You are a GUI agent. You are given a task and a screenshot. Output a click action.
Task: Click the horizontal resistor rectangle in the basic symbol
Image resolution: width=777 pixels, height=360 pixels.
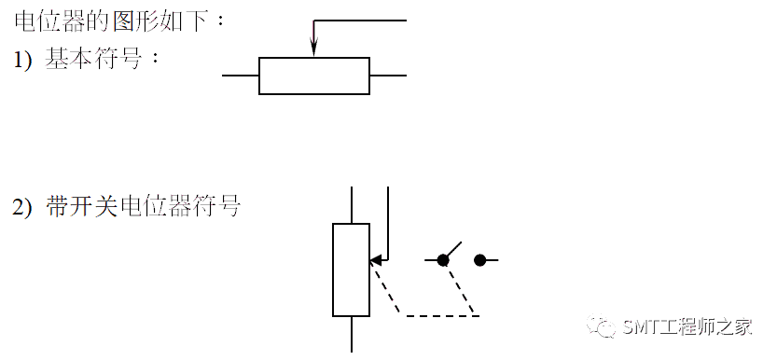(x=314, y=76)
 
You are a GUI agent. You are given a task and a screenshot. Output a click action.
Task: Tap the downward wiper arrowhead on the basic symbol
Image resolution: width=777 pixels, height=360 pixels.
(x=314, y=49)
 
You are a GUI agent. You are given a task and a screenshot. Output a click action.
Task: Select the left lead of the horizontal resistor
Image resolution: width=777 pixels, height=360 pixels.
(x=241, y=76)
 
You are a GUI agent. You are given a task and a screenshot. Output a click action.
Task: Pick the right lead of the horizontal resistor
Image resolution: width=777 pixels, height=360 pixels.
(x=388, y=76)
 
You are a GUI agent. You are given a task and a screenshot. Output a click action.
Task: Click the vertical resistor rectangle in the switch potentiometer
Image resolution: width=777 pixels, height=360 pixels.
(x=351, y=270)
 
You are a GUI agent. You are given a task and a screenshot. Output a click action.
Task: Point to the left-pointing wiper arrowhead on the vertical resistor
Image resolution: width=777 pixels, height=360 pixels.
(x=375, y=260)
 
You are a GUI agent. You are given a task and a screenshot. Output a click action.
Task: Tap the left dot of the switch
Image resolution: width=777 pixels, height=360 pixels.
(x=443, y=260)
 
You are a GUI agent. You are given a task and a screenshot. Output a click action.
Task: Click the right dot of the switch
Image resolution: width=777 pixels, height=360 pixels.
(x=479, y=260)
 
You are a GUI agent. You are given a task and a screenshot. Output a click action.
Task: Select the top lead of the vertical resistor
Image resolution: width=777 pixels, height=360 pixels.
(x=352, y=204)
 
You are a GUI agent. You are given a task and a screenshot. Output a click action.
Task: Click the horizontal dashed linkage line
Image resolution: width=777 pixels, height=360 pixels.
(x=443, y=316)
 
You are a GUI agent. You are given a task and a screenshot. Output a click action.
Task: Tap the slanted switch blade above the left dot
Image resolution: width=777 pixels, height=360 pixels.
(x=452, y=250)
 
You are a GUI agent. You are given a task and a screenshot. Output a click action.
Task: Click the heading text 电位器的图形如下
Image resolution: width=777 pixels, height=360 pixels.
(x=121, y=21)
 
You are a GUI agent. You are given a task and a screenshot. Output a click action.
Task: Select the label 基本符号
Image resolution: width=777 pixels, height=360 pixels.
(x=103, y=59)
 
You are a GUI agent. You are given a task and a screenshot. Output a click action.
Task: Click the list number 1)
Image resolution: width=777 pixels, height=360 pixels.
(x=22, y=59)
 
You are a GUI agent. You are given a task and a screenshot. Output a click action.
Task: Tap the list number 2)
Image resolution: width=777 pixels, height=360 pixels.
(x=22, y=207)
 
